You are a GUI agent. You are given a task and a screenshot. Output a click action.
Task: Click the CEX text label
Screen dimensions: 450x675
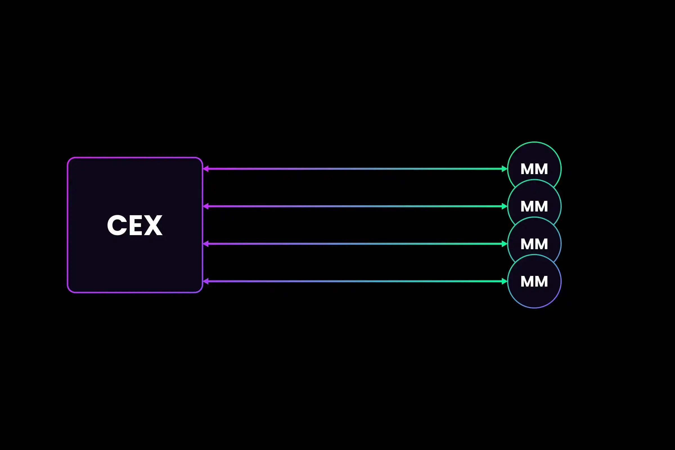tap(135, 225)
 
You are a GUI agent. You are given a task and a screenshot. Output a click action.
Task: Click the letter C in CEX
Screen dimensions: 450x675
tap(117, 225)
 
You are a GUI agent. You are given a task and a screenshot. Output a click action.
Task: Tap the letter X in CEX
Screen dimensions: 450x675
tap(153, 225)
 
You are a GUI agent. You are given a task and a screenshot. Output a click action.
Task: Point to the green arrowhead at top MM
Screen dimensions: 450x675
tap(504, 169)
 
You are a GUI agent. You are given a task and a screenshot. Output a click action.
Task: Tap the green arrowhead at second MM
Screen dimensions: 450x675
tap(504, 206)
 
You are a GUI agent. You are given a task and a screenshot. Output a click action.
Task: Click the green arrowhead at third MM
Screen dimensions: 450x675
tap(504, 244)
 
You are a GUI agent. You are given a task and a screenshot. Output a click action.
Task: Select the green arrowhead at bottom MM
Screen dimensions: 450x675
tap(504, 281)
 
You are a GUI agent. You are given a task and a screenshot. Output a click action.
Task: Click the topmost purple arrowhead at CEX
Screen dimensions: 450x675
tap(206, 169)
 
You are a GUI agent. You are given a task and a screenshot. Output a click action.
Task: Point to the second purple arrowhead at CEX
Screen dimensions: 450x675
tap(206, 206)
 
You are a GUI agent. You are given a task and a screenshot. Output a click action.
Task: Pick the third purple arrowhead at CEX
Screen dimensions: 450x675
tap(206, 244)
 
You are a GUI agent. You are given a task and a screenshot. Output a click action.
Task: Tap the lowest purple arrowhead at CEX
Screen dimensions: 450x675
tap(206, 281)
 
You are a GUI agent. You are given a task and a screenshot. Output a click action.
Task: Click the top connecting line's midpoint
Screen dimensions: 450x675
tap(355, 169)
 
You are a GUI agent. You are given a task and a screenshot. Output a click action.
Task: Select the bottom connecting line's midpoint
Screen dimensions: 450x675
tap(355, 281)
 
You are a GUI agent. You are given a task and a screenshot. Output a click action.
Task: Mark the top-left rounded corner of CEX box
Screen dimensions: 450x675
tap(70, 160)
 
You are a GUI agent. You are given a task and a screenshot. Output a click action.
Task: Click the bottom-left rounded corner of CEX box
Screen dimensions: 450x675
tap(70, 290)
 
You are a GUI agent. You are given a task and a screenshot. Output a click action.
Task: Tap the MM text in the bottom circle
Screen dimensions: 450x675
tap(534, 282)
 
